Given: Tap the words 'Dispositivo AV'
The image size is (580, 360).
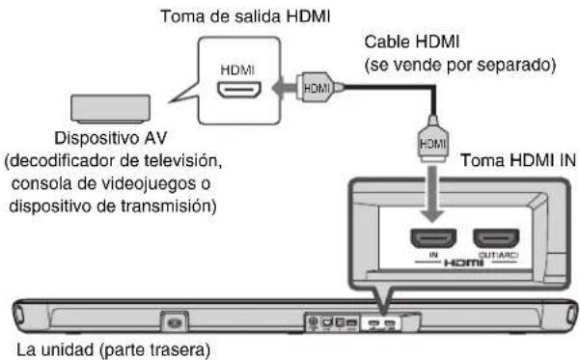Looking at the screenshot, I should (x=109, y=139).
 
